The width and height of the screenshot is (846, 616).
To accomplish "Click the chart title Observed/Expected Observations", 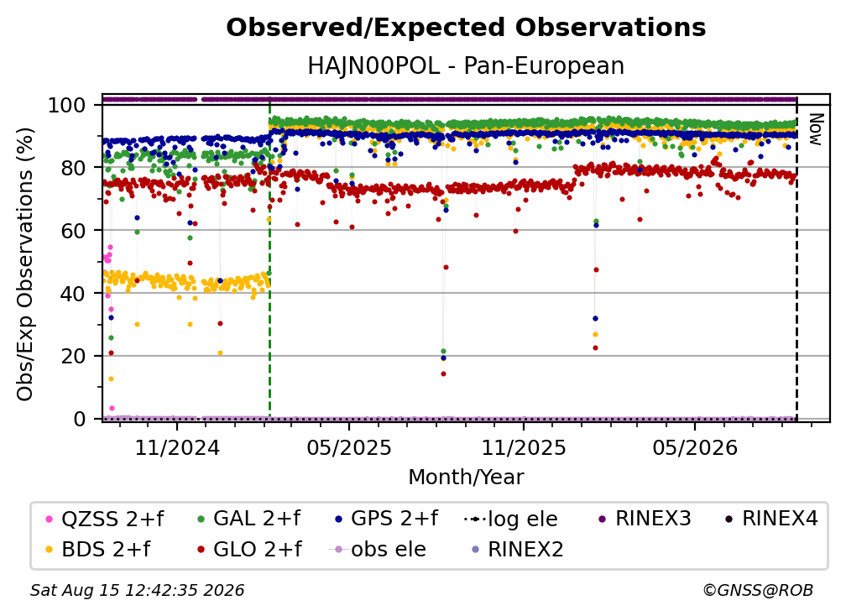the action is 466,28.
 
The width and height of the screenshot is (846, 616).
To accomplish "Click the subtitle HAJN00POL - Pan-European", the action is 466,65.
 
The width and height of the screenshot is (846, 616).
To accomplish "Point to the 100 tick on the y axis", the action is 67,105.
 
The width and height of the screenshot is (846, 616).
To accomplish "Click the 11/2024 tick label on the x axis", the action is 177,447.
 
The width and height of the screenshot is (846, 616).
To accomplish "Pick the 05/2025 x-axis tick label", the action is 349,447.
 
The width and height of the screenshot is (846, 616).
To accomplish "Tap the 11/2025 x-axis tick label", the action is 524,447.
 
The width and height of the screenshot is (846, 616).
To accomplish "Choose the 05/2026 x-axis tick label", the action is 695,447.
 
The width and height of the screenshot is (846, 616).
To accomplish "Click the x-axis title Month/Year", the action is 466,478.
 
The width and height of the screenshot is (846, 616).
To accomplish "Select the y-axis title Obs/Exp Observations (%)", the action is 25,264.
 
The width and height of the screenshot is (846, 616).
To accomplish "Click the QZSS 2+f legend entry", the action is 105,519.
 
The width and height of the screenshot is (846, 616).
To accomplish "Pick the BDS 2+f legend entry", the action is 98,550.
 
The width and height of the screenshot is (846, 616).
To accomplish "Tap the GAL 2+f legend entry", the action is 248,519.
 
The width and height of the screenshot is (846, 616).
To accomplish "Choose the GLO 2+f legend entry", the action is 249,550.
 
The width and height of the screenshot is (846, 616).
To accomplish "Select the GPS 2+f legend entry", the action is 386,519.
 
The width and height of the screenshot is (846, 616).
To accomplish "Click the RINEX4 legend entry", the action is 771,519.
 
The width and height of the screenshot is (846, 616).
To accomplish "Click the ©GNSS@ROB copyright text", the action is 758,591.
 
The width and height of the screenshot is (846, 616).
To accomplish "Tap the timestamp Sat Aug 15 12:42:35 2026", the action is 137,591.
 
